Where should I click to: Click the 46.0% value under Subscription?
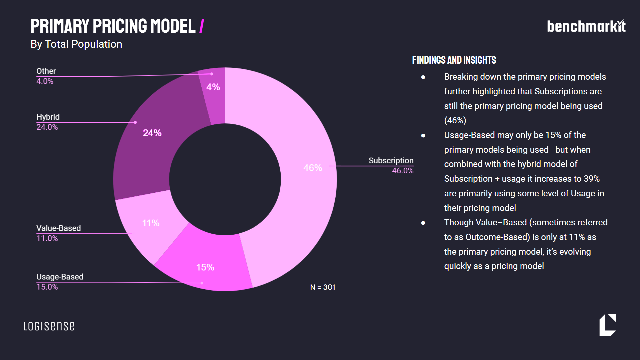[402, 171]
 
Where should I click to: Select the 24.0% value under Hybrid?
[47, 127]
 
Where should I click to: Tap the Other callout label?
[46, 71]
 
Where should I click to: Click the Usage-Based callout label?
[60, 277]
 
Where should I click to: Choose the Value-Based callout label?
[58, 228]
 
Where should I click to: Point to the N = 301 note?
[322, 287]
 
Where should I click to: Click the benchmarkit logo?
[586, 26]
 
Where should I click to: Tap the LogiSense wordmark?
[49, 326]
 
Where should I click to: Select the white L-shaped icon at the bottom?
[607, 325]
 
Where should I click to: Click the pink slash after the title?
[202, 26]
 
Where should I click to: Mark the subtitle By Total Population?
[76, 44]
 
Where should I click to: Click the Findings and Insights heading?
[454, 60]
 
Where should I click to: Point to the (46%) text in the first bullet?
[455, 120]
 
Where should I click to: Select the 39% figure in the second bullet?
[591, 179]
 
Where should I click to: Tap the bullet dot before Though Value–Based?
[423, 223]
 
